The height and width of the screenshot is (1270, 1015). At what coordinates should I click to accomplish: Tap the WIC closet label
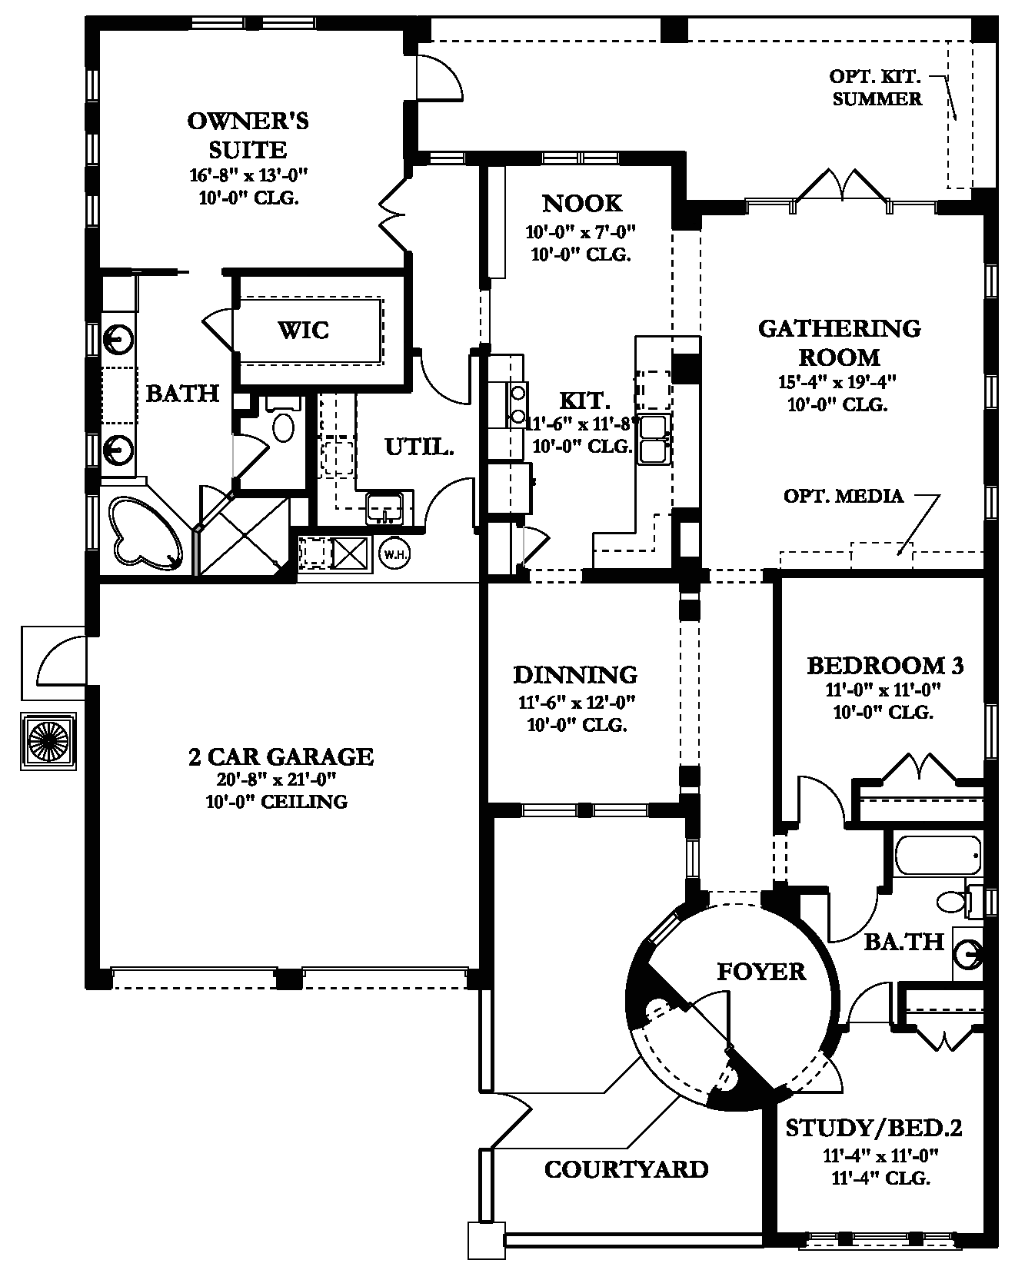(x=303, y=331)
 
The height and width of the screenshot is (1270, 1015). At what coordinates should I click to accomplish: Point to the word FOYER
(x=761, y=971)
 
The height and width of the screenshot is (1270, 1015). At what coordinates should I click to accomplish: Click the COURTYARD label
(x=626, y=1169)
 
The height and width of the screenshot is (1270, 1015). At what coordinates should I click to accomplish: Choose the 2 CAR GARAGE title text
(x=281, y=756)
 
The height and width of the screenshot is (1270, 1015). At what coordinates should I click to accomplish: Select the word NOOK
(x=582, y=203)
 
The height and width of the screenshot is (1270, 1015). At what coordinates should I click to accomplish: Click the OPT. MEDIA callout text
(x=843, y=496)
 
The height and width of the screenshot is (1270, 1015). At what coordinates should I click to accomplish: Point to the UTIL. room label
(x=419, y=446)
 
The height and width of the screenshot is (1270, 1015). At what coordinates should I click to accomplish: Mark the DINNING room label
(x=575, y=674)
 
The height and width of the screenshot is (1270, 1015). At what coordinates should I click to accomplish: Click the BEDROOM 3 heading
(x=885, y=665)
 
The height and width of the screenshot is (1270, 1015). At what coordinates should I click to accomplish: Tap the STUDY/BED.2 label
(x=874, y=1128)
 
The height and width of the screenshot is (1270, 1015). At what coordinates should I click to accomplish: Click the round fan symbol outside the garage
(x=48, y=740)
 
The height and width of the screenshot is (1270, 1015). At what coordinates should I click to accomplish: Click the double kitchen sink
(x=654, y=438)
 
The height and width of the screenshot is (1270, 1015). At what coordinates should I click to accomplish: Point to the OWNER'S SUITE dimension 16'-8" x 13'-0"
(x=248, y=175)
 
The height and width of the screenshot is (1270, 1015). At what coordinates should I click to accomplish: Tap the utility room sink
(x=385, y=507)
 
